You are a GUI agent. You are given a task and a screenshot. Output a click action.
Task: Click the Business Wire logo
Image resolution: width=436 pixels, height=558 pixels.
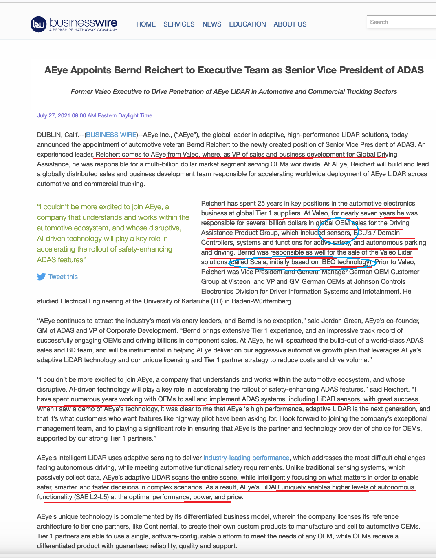(74, 24)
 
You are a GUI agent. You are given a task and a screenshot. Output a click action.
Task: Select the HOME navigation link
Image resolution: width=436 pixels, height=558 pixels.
(146, 24)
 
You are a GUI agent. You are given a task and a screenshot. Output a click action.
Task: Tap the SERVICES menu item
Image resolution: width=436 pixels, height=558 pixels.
(179, 24)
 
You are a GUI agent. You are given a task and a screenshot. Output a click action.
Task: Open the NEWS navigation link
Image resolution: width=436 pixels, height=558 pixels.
(212, 24)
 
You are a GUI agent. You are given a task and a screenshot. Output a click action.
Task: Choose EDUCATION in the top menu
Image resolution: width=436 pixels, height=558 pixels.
(247, 24)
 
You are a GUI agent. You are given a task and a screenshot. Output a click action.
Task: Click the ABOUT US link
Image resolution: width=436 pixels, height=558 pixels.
(290, 24)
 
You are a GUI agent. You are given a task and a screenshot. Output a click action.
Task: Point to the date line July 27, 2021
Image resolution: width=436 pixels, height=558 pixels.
(95, 116)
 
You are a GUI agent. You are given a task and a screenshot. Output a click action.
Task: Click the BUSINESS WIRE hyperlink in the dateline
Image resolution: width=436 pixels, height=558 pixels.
(111, 135)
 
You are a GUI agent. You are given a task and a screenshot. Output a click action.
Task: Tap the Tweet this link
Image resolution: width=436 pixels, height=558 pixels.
(63, 277)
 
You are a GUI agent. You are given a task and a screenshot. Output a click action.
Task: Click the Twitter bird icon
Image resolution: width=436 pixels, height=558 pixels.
(41, 277)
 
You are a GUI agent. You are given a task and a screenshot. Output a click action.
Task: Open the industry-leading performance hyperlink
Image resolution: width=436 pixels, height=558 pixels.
(246, 458)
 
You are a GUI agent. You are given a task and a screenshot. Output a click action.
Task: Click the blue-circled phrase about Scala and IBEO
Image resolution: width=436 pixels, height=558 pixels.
(301, 262)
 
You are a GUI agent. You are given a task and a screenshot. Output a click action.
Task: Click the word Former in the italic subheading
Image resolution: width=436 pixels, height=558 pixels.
(81, 92)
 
